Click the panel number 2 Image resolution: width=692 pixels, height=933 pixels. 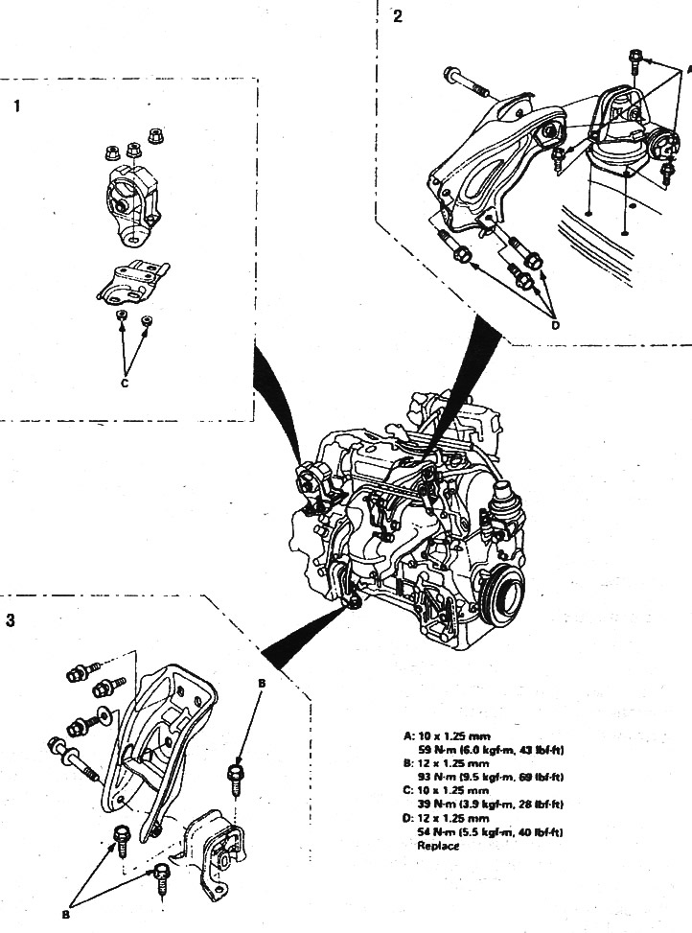point(398,17)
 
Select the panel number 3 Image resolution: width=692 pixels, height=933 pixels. point(11,620)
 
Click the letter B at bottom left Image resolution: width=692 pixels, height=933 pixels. point(66,914)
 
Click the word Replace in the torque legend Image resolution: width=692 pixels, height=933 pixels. point(438,846)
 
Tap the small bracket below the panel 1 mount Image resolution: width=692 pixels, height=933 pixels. point(134,281)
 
